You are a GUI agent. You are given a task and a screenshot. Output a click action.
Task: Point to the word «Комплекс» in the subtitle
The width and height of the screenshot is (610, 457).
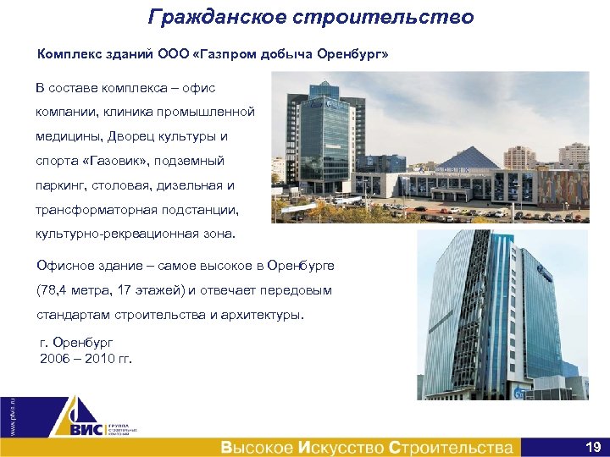point(69,55)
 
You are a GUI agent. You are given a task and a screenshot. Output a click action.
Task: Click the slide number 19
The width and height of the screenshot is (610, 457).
point(592,446)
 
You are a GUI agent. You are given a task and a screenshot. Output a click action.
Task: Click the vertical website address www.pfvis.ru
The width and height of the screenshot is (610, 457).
point(13,415)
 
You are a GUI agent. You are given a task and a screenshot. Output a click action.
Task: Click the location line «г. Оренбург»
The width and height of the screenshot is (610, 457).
point(77,344)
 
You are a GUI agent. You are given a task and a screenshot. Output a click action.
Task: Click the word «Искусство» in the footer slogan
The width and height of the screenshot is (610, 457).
point(342,447)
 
